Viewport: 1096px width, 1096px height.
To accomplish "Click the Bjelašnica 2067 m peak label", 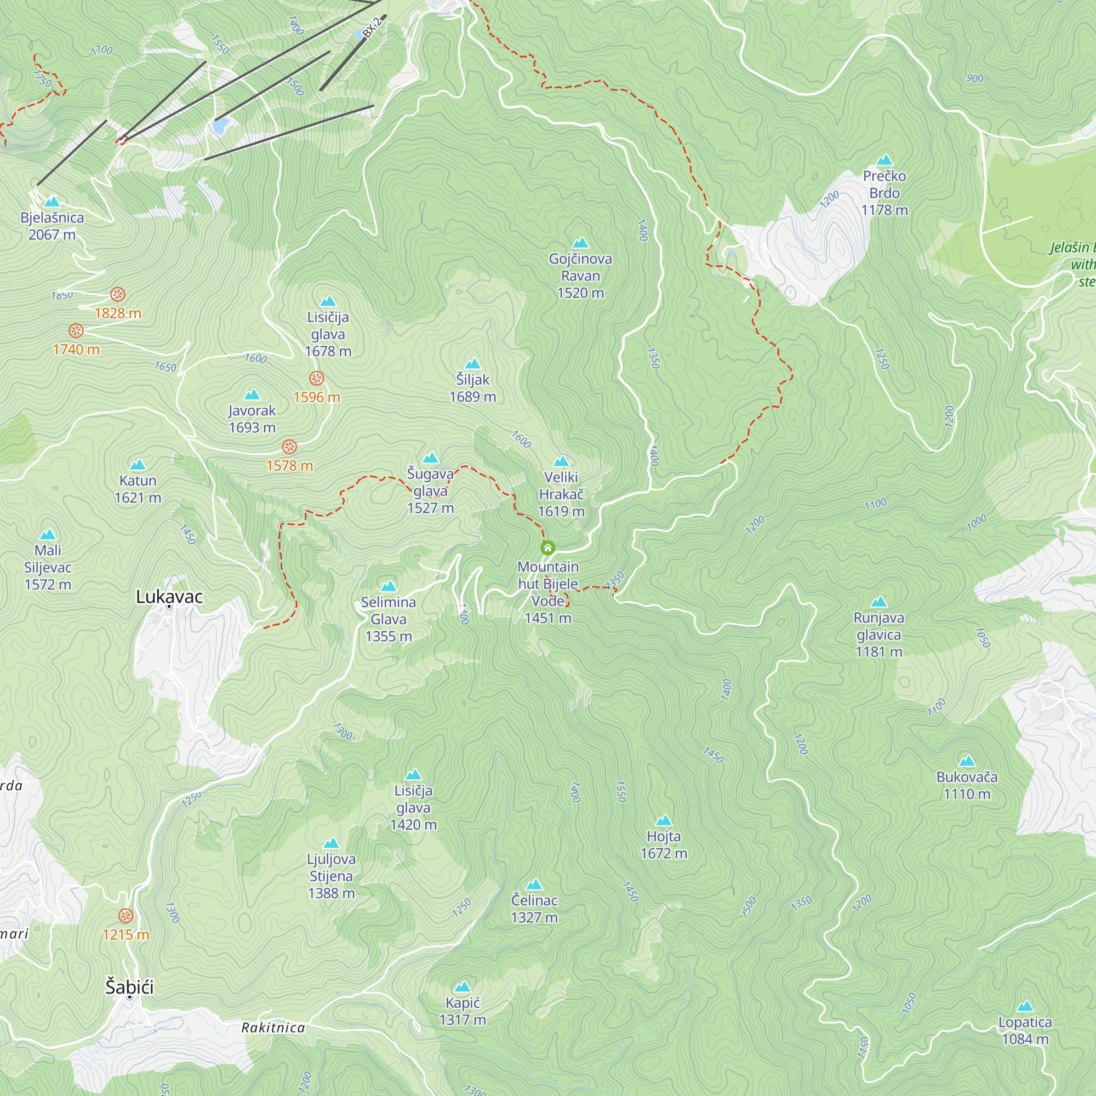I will click(x=52, y=226).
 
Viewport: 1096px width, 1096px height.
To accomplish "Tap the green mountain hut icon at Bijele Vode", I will click(x=547, y=548).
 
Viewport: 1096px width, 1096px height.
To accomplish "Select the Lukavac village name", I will click(x=169, y=597).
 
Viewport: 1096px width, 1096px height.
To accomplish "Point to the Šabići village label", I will click(x=129, y=987).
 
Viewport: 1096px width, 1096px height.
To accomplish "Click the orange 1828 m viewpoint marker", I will click(x=117, y=294).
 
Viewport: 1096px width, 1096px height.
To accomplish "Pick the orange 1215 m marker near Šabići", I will click(x=125, y=916).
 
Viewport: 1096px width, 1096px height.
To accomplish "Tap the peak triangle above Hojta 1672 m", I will click(x=664, y=821).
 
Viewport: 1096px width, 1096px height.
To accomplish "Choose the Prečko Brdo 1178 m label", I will click(x=884, y=193).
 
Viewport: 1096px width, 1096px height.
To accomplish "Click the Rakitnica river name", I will click(x=273, y=1028).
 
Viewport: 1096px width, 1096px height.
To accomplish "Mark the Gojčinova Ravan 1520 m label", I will click(x=580, y=276).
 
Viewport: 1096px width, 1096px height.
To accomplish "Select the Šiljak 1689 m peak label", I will click(x=472, y=388).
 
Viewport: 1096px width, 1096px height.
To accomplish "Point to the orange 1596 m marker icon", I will click(x=317, y=378).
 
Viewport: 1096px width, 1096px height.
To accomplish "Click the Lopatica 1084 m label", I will click(x=1025, y=1030).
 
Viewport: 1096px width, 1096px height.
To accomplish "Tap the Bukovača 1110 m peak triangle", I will click(x=967, y=761).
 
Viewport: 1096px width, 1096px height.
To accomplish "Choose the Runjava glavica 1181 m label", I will click(x=879, y=634).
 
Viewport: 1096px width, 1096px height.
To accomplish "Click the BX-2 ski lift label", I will click(x=372, y=27).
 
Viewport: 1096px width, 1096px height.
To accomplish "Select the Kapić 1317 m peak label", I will click(x=463, y=1011).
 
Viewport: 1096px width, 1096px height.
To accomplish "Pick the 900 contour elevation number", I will click(x=974, y=78).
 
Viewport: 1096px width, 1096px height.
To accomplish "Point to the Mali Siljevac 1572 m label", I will click(x=48, y=567).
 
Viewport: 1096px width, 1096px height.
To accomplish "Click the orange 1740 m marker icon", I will click(x=76, y=331).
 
